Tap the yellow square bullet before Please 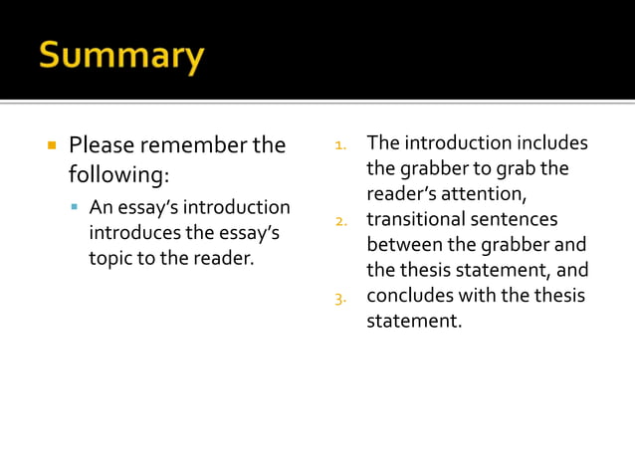[x=50, y=145]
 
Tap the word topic [x=111, y=258]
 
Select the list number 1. [x=339, y=145]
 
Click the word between [x=400, y=245]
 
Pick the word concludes [x=407, y=296]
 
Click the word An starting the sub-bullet [x=101, y=208]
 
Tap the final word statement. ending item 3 [x=414, y=322]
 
